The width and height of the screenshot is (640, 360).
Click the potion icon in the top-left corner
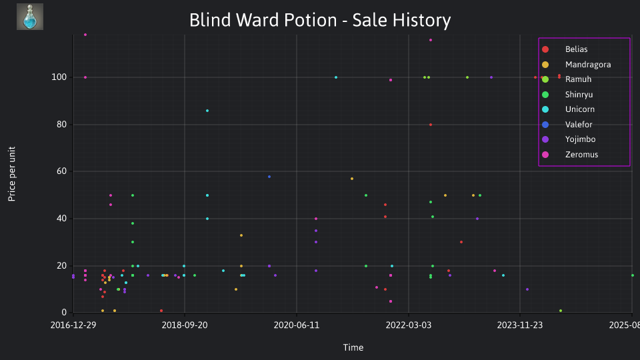30,17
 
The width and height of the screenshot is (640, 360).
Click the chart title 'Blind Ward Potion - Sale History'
320,20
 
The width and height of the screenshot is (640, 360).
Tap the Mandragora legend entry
576,65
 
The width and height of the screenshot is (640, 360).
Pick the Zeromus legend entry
570,155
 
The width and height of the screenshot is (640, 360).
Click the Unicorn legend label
579,109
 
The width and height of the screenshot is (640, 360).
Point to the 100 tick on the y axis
59,77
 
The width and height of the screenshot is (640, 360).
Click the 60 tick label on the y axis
61,171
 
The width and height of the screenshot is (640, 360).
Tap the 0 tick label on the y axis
64,313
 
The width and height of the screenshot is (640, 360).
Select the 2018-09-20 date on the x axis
185,325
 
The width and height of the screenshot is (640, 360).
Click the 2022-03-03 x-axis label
408,325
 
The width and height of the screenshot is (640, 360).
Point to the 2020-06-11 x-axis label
296,325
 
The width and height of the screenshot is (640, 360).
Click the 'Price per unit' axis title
12,174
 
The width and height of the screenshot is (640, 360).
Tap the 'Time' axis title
353,348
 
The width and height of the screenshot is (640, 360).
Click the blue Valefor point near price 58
269,177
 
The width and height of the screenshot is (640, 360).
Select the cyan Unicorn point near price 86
207,111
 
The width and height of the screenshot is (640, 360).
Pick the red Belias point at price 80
431,125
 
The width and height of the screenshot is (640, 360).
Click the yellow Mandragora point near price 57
352,179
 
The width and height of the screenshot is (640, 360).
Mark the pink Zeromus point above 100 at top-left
85,35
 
